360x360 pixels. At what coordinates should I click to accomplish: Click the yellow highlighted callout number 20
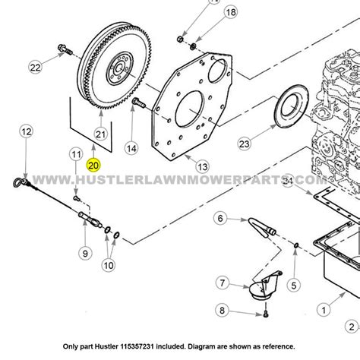(93, 163)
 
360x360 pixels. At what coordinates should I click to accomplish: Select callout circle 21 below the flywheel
(100, 134)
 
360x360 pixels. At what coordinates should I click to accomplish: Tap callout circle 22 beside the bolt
(35, 68)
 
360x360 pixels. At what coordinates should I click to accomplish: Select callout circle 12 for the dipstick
(26, 132)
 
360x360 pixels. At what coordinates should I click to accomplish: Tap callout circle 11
(74, 155)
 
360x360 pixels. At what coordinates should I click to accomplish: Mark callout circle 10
(109, 265)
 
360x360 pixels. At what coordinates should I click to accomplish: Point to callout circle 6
(220, 219)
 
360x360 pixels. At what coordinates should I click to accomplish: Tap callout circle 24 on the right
(288, 180)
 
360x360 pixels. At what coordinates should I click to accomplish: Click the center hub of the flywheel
(118, 68)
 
